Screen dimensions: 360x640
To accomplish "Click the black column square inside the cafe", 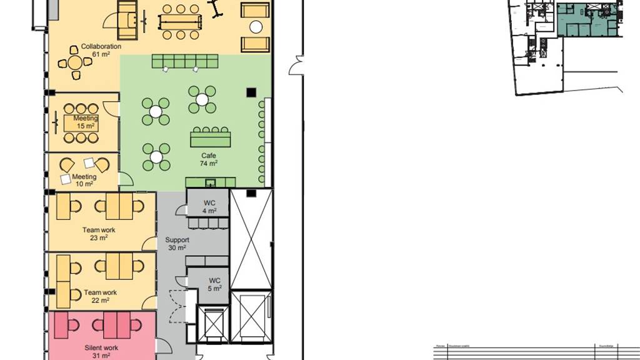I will coord(251,92).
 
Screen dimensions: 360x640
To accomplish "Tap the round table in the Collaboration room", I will coord(75,62).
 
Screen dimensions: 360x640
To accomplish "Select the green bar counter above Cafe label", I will coord(211,137).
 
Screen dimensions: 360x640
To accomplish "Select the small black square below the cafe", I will coord(251,193).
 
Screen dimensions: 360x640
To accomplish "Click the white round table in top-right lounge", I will coord(256,27).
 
